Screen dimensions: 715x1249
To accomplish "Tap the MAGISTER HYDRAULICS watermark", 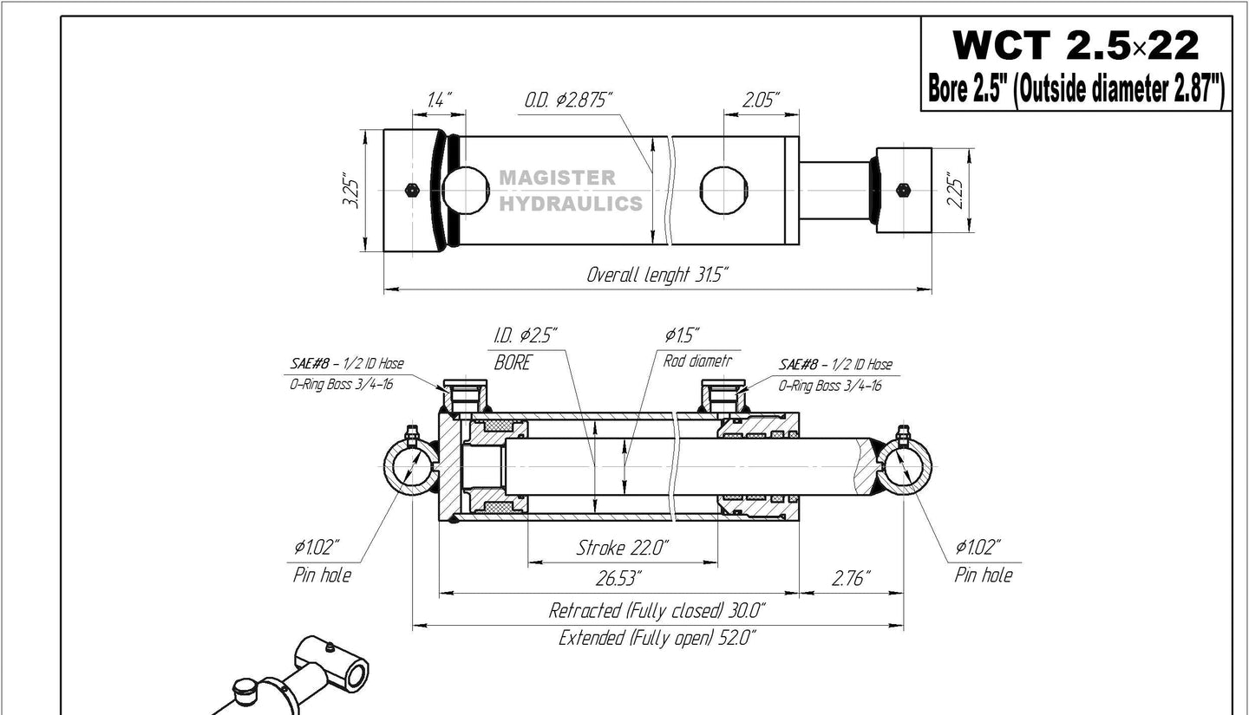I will pos(570,191).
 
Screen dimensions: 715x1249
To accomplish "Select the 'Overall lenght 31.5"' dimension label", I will pos(657,276).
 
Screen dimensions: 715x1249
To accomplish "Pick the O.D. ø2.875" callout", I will pos(567,101).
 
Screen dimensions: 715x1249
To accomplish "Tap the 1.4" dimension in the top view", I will pos(439,101).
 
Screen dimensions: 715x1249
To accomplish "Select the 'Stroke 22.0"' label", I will pos(622,548).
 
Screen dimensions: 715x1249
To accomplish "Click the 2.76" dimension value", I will pos(851,577).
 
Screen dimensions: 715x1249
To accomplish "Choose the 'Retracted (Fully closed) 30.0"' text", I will pos(657,610).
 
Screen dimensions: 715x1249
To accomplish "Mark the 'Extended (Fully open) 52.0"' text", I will pos(657,639).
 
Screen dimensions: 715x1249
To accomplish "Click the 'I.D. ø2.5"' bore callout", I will pos(526,335).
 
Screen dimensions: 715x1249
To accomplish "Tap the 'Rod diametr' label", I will pos(697,361).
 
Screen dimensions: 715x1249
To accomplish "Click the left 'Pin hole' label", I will pos(322,575).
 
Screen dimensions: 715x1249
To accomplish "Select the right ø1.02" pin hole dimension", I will pos(978,547).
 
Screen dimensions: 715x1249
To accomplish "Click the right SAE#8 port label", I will pos(835,365).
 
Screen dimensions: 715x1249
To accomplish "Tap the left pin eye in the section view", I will pos(410,468).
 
